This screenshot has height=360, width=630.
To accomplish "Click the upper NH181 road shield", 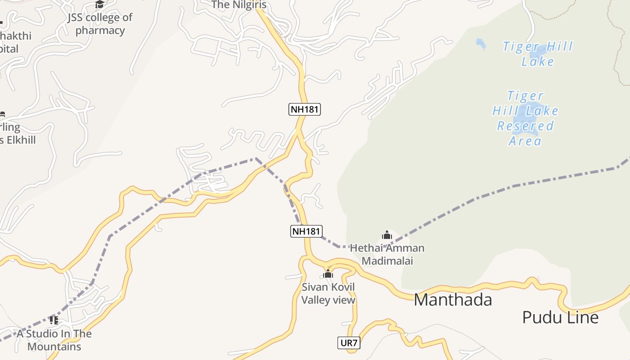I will tap(305, 109).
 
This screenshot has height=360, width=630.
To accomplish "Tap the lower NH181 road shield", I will tap(306, 231).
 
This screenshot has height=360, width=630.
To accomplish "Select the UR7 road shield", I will tap(349, 343).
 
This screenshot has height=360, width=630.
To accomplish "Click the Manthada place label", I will tap(453, 300).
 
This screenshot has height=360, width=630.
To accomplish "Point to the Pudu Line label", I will tap(560, 317).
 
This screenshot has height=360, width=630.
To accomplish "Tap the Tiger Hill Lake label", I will tap(538, 54).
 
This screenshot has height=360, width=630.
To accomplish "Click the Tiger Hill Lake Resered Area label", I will tap(525, 118).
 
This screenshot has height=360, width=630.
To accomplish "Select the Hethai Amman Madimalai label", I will tap(387, 254).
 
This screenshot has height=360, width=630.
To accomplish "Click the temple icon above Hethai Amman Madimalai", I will tap(387, 235).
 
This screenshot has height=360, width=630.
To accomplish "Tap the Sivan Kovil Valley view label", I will tap(328, 293).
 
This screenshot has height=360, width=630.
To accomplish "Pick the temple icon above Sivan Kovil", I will tap(328, 274).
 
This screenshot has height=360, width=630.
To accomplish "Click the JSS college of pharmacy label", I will tap(100, 24).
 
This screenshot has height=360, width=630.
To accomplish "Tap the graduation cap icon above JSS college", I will tap(99, 4).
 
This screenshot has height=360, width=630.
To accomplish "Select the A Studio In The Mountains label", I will tap(54, 340).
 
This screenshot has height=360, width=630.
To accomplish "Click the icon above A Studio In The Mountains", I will tap(54, 320).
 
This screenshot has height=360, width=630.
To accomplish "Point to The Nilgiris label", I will tap(238, 5).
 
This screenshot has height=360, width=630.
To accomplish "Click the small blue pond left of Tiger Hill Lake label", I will tap(481, 44).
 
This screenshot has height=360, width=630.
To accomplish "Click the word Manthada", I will tap(453, 300).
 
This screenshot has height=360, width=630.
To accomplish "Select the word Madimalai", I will tap(387, 261).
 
